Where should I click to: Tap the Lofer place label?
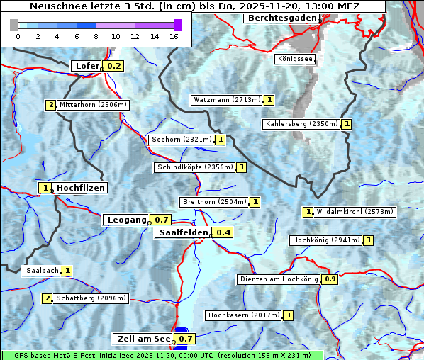click(x=87, y=66)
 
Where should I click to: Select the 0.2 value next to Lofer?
click(x=113, y=66)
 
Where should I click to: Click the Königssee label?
click(x=296, y=59)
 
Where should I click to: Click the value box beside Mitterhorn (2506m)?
click(x=50, y=105)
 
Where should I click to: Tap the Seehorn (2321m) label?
click(x=182, y=140)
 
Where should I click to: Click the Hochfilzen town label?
click(x=81, y=188)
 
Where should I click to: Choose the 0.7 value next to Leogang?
click(x=162, y=220)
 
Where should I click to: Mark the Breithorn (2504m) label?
click(x=214, y=202)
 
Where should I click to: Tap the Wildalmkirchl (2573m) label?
click(x=355, y=211)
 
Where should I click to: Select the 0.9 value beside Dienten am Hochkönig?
click(x=330, y=279)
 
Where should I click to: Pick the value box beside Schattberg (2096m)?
click(x=48, y=298)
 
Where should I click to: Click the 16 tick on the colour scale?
click(x=174, y=36)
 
